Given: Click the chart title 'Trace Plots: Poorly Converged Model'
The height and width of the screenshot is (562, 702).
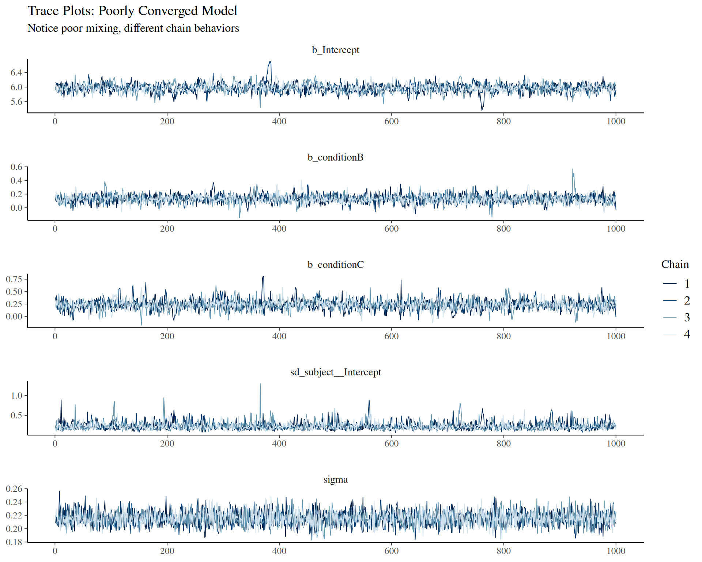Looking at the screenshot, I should click(132, 11).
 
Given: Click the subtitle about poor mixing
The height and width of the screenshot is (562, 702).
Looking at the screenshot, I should click(133, 28).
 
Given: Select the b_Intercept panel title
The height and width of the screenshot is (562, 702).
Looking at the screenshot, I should click(335, 50).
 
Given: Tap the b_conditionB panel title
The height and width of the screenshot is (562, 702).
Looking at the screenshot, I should click(335, 157).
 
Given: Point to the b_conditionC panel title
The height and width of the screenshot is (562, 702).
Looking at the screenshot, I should click(335, 265).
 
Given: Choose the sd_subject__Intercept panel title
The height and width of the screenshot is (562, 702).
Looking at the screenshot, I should click(335, 372).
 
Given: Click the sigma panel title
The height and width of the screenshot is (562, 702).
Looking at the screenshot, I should click(335, 479).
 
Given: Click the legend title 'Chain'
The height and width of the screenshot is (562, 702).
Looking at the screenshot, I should click(675, 264).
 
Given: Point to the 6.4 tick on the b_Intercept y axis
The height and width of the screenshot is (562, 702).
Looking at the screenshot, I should click(16, 72).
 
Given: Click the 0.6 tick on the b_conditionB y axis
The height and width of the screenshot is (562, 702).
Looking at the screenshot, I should click(16, 167).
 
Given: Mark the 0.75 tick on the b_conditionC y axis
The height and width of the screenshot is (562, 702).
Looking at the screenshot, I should click(14, 279).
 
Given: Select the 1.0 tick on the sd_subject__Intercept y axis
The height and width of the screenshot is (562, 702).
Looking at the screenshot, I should click(16, 396).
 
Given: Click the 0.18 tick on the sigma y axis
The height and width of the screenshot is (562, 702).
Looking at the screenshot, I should click(14, 542).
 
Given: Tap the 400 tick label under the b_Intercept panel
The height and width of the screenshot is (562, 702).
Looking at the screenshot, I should click(279, 121).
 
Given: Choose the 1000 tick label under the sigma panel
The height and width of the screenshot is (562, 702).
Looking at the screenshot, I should click(616, 551).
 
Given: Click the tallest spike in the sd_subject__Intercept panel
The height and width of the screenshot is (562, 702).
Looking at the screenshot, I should click(260, 385).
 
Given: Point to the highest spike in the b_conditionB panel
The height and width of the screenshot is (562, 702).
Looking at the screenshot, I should click(573, 170).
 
